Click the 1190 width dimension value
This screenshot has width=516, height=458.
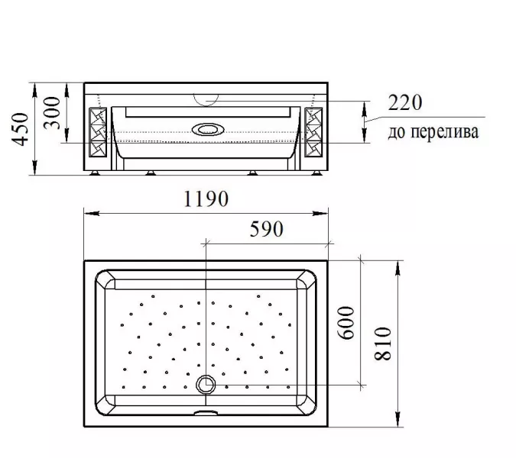206,198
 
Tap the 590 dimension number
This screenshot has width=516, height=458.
266,229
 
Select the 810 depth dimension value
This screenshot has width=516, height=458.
383,343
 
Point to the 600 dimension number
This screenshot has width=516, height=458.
346,323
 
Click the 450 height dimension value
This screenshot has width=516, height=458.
20,129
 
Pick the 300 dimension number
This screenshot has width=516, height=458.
52,113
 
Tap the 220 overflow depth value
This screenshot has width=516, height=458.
404,102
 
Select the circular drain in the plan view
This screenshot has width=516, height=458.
206,385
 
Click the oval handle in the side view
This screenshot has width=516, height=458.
208,130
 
